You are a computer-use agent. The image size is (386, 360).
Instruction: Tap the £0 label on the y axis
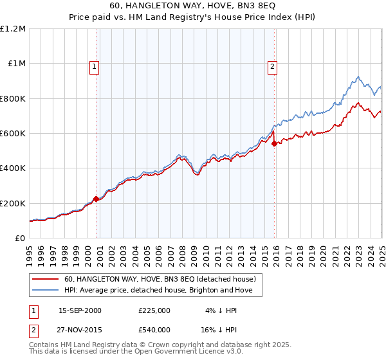pos(21,239)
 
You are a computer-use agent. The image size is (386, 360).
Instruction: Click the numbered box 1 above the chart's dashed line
pos(95,66)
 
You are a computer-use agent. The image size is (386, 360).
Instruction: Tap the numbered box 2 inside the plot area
pos(273,66)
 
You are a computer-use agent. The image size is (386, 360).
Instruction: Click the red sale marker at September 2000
pos(96,199)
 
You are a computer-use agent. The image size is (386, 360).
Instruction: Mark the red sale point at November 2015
pos(275,144)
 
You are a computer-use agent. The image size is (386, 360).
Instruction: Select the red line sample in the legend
pos(45,279)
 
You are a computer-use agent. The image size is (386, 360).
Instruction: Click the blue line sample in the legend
pos(45,291)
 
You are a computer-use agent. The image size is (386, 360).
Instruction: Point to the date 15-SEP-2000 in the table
pos(80,310)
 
